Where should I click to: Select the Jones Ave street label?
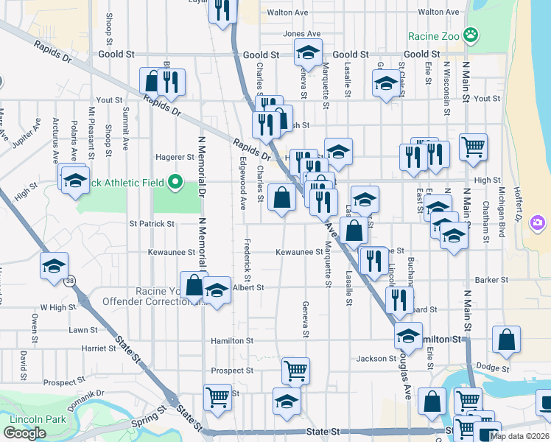[301, 34]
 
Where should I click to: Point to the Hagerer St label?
[175, 157]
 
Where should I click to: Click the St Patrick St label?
[152, 223]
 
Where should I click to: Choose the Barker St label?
[492, 280]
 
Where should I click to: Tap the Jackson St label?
[376, 359]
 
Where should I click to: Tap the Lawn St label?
[83, 330]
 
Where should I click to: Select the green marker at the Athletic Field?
[175, 181]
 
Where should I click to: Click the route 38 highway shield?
[69, 281]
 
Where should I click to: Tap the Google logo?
[24, 434]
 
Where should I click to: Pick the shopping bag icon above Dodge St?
[506, 340]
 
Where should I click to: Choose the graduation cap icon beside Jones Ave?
[307, 53]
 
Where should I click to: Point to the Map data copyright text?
[520, 436]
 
